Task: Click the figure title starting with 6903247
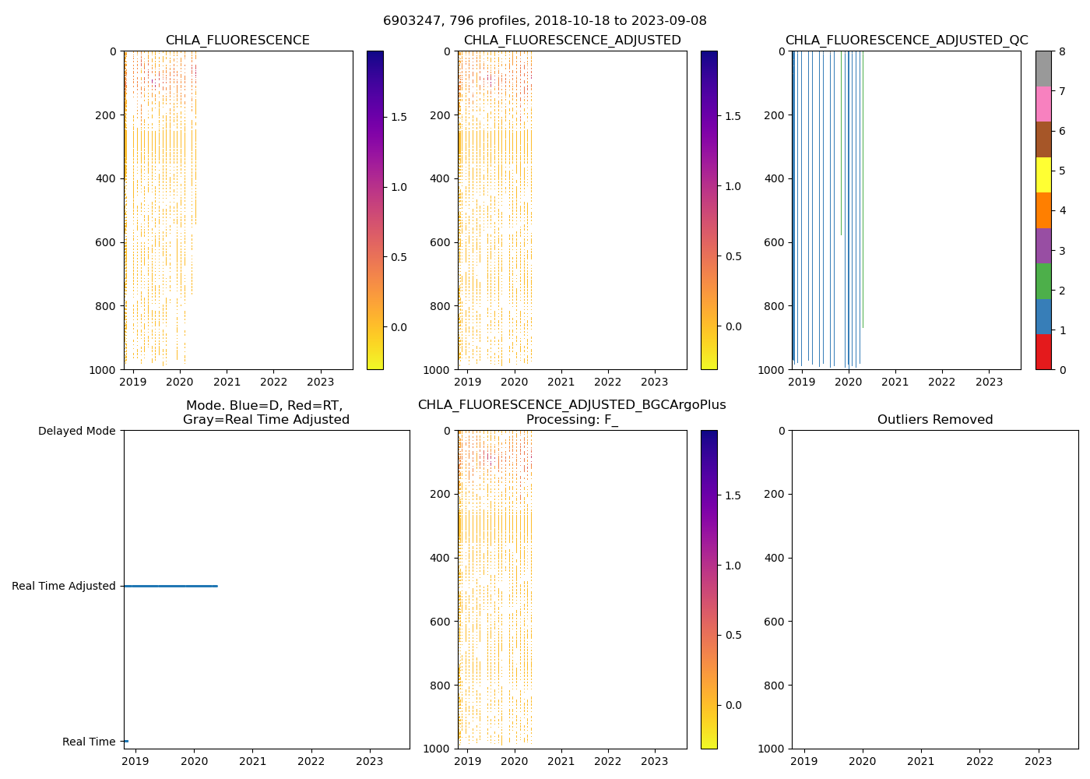click(x=544, y=21)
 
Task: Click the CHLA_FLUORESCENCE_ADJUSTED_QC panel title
click(x=906, y=41)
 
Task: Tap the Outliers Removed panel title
click(x=934, y=420)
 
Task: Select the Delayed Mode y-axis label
click(x=76, y=431)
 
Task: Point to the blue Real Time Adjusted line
click(x=171, y=586)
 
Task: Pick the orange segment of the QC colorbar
click(x=1043, y=210)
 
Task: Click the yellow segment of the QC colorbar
click(x=1043, y=174)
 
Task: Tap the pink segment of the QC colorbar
click(x=1043, y=104)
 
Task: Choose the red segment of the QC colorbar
click(x=1043, y=351)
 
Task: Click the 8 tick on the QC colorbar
click(x=1062, y=51)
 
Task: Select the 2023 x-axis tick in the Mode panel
click(x=369, y=761)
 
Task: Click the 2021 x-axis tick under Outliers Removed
click(x=921, y=761)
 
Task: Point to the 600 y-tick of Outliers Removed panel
click(x=775, y=622)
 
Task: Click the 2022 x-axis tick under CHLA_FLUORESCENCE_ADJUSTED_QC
click(x=942, y=382)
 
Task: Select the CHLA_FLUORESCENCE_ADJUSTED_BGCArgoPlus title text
click(x=571, y=405)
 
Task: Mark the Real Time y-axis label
click(x=89, y=742)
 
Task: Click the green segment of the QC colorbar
click(x=1043, y=281)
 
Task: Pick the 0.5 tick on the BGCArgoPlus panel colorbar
click(x=733, y=635)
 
